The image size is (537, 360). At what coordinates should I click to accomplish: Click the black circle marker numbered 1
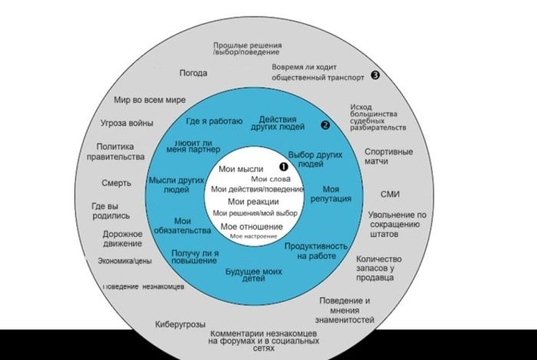(x=283, y=166)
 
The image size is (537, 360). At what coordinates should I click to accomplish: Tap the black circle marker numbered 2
(x=325, y=124)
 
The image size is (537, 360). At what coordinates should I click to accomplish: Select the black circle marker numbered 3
(x=376, y=74)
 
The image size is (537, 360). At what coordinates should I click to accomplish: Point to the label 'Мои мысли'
(x=241, y=169)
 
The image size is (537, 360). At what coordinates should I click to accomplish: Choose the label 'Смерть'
(x=116, y=183)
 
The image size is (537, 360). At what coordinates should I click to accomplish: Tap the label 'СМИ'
(x=390, y=194)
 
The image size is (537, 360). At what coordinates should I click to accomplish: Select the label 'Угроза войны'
(x=127, y=123)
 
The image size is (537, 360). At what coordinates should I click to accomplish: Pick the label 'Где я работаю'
(x=215, y=121)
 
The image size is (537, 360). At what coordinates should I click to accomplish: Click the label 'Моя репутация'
(x=331, y=193)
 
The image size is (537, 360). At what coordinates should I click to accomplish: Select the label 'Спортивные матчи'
(x=388, y=157)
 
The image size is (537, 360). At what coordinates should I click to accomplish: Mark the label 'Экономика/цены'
(x=125, y=261)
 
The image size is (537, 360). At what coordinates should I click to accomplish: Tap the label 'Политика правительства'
(x=120, y=151)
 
